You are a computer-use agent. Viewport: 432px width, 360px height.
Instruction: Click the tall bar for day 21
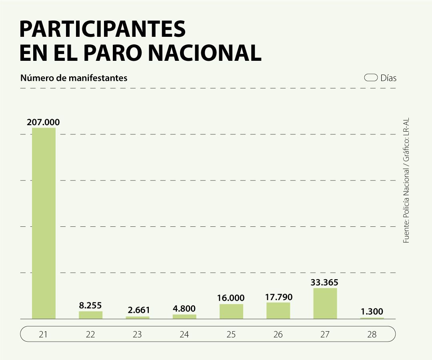[44, 223]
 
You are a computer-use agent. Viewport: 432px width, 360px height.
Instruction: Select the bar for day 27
[325, 304]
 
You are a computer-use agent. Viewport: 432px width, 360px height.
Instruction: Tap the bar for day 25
[231, 312]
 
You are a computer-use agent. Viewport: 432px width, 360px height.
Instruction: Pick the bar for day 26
[278, 311]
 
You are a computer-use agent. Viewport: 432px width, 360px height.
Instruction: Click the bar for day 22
[90, 315]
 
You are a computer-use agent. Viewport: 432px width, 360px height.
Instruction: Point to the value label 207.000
[43, 122]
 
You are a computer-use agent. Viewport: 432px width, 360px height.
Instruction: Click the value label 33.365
[324, 282]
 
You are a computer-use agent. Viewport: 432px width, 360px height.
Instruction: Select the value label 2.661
[137, 310]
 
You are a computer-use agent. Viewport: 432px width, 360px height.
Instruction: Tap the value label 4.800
[184, 309]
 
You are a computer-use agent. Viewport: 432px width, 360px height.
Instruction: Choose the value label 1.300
[372, 311]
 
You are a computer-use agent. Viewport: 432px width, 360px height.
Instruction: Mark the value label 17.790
[278, 297]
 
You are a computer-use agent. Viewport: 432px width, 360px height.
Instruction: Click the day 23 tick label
[137, 334]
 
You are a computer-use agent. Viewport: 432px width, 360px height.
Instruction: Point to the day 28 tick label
[372, 334]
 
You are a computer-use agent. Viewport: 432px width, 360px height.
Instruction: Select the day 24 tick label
[184, 334]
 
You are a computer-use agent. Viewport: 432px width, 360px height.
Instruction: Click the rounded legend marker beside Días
[371, 78]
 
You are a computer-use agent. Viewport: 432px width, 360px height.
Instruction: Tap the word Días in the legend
[388, 78]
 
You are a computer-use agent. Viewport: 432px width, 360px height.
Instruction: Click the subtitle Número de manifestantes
[74, 78]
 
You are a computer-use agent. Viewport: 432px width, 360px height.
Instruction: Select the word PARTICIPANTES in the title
[102, 30]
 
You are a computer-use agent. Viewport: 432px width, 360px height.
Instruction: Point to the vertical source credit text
[406, 180]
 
